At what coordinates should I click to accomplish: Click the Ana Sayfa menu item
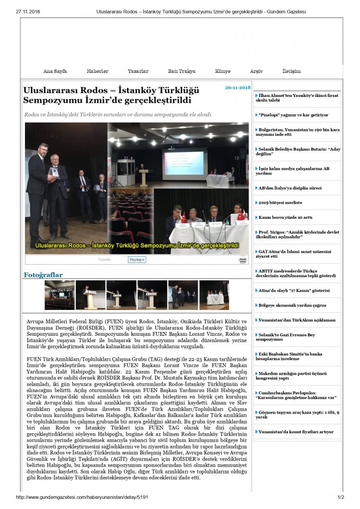[x=55, y=71]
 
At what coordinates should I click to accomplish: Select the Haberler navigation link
[x=97, y=71]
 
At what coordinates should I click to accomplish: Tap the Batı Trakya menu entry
[x=181, y=71]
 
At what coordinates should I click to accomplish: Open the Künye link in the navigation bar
[x=223, y=71]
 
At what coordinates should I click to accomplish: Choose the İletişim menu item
[x=291, y=71]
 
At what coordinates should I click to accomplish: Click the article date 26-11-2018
[x=238, y=88]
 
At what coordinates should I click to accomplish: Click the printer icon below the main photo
[x=243, y=260]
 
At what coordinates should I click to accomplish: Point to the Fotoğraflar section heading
[x=43, y=275]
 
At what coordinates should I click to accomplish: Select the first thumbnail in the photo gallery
[x=60, y=295]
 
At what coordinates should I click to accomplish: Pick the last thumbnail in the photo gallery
[x=214, y=295]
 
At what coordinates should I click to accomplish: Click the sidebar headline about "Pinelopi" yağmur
[x=293, y=115]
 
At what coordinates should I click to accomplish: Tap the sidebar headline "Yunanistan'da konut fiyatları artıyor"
[x=296, y=432]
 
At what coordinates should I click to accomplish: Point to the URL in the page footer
[x=82, y=497]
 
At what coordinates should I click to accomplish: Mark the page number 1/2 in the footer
[x=341, y=497]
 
